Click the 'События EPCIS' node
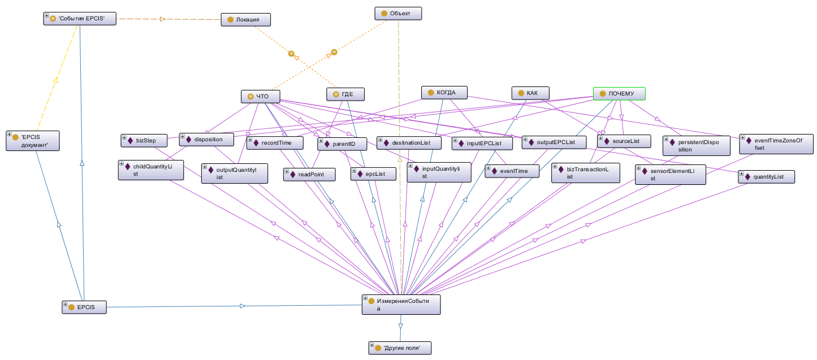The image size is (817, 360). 83,19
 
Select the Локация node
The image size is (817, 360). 246,20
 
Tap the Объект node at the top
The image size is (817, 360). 398,13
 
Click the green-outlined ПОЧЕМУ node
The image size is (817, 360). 619,94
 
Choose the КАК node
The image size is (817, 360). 532,93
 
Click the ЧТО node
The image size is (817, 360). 261,97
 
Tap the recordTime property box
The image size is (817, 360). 274,143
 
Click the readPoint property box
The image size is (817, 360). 309,174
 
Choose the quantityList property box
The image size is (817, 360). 766,177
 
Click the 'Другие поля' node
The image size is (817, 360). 399,348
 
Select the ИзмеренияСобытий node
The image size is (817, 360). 401,304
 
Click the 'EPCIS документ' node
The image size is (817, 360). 32,141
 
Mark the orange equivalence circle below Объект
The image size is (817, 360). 334,52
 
